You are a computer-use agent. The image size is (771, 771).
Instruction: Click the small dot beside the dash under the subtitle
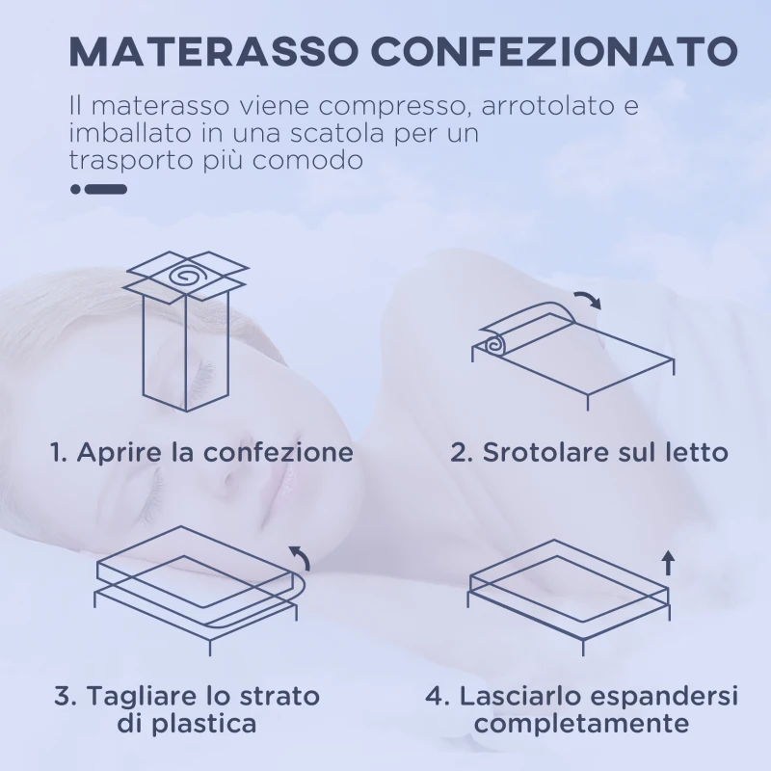click(x=75, y=190)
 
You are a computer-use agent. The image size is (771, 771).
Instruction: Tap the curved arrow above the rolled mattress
click(x=585, y=300)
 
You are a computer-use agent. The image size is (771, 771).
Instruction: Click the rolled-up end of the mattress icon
click(x=493, y=343)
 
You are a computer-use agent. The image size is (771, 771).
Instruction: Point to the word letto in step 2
click(x=694, y=452)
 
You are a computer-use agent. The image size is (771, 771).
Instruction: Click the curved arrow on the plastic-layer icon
click(x=301, y=555)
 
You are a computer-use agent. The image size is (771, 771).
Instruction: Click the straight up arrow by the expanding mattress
click(x=668, y=562)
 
